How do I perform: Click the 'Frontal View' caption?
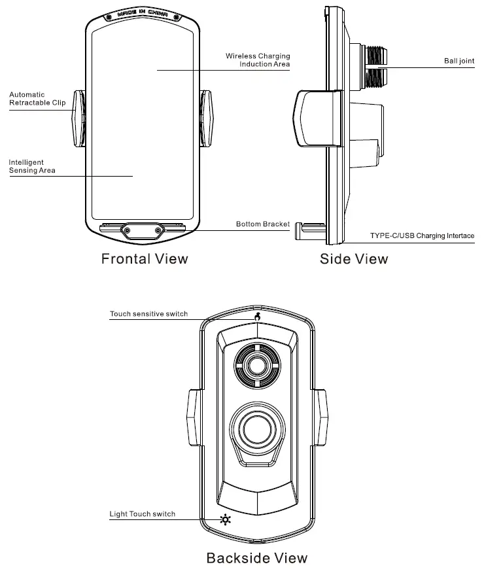[145, 258]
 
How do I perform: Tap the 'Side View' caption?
[354, 259]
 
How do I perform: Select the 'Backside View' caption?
[256, 558]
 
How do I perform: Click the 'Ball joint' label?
[458, 61]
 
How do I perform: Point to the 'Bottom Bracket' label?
[263, 224]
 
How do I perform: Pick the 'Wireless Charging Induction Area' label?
[258, 60]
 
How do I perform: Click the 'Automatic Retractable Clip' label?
[37, 99]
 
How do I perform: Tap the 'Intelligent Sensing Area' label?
[32, 166]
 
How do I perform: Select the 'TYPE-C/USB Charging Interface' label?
[422, 235]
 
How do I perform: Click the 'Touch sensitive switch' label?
[148, 314]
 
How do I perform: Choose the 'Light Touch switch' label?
[143, 514]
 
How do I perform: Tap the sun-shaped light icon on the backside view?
[226, 521]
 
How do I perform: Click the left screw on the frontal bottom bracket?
[126, 230]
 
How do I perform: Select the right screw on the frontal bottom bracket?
[158, 230]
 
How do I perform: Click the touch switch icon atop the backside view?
[258, 317]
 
